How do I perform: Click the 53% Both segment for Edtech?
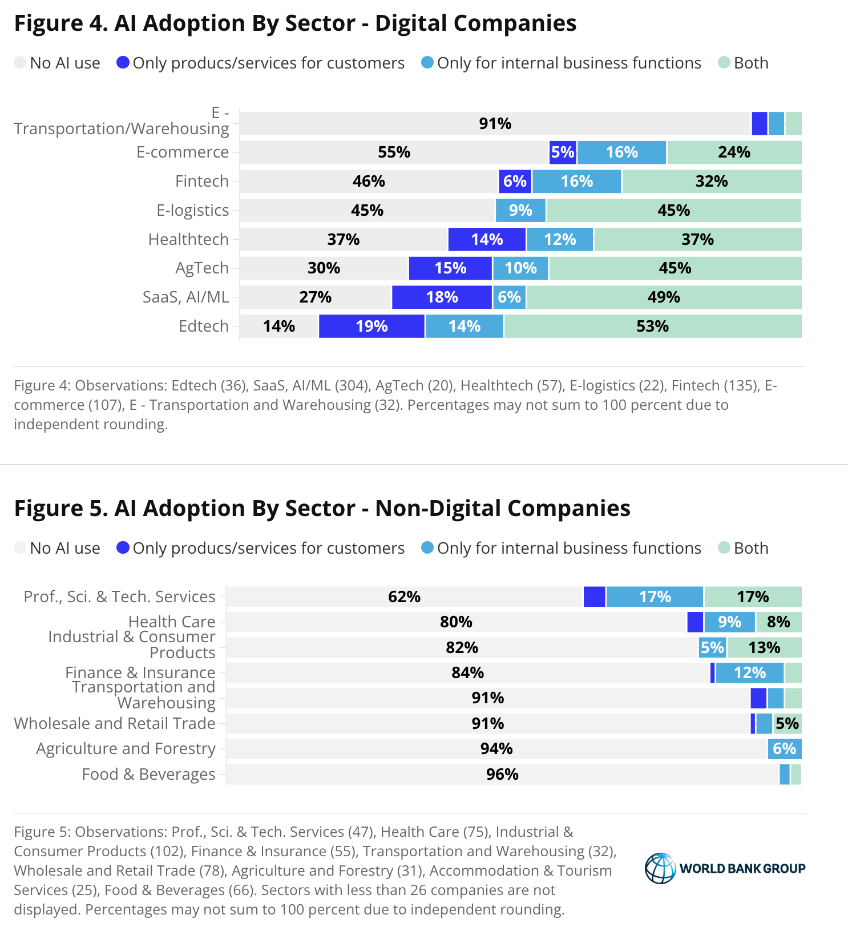click(x=652, y=327)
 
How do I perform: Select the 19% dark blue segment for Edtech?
click(x=371, y=327)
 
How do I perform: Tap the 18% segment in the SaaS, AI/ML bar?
click(x=442, y=297)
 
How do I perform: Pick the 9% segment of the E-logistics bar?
click(x=520, y=211)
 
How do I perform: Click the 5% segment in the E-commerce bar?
click(x=563, y=152)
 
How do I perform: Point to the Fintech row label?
click(x=202, y=182)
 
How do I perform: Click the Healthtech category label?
click(x=188, y=240)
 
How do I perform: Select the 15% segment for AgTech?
click(x=450, y=268)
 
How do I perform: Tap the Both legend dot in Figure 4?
click(x=724, y=63)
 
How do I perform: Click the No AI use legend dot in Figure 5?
click(x=21, y=548)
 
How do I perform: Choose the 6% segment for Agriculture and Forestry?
click(x=785, y=749)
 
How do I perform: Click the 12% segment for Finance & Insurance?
click(x=750, y=673)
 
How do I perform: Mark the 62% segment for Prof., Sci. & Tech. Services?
click(x=405, y=597)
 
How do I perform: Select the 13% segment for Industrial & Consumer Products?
click(x=764, y=648)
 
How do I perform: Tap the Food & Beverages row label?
click(x=149, y=775)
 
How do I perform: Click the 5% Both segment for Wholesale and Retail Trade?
click(x=788, y=724)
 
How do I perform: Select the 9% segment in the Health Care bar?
click(x=729, y=622)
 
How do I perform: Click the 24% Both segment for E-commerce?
click(x=734, y=152)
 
